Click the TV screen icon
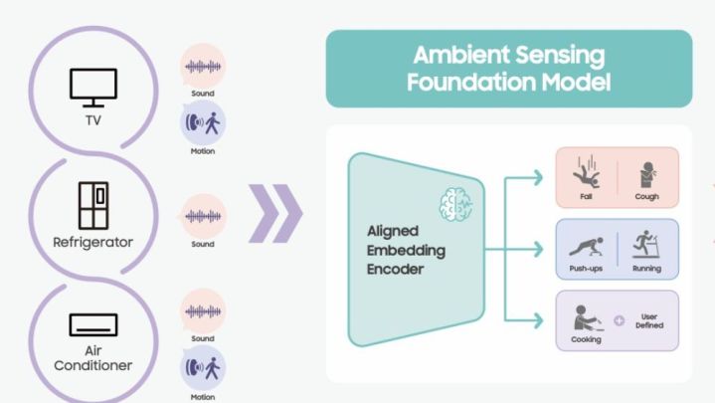coord(92,88)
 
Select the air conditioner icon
coord(92,323)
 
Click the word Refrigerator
coord(92,242)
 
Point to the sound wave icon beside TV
coord(203,67)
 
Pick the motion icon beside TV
coord(203,124)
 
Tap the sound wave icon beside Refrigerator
coord(203,216)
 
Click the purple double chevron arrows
coord(273,213)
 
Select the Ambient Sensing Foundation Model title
coord(508,68)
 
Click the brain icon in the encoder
coord(454,203)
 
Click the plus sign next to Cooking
coord(620,320)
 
